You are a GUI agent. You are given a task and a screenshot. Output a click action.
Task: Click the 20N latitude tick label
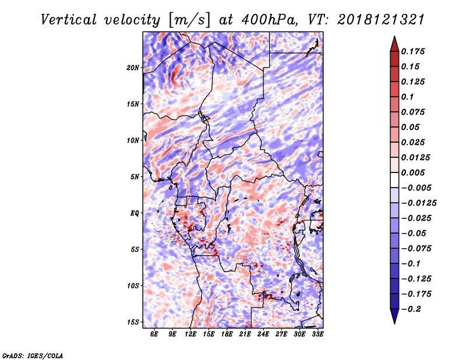[x=133, y=68]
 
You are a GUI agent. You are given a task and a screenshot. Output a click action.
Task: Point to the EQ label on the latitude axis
[x=135, y=213]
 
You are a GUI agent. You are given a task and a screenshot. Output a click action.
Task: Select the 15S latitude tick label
[x=133, y=322]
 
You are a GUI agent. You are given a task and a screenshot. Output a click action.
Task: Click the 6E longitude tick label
[x=154, y=334]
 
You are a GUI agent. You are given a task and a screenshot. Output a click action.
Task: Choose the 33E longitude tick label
[x=317, y=334]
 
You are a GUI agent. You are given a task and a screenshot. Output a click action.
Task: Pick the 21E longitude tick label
[x=245, y=334]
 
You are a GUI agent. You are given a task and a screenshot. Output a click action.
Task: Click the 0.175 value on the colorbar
[x=416, y=51]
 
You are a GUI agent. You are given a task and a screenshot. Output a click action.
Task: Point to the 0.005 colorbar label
[x=416, y=172]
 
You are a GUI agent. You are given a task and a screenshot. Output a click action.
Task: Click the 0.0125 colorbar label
[x=418, y=157]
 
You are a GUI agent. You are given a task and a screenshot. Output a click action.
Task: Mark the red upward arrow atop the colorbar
[x=394, y=44]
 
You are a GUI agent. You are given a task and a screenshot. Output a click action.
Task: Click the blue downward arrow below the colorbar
[x=394, y=316]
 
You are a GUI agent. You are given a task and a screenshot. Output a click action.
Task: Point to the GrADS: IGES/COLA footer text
[x=33, y=354]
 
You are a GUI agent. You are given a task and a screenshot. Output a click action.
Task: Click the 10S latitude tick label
[x=133, y=286]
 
